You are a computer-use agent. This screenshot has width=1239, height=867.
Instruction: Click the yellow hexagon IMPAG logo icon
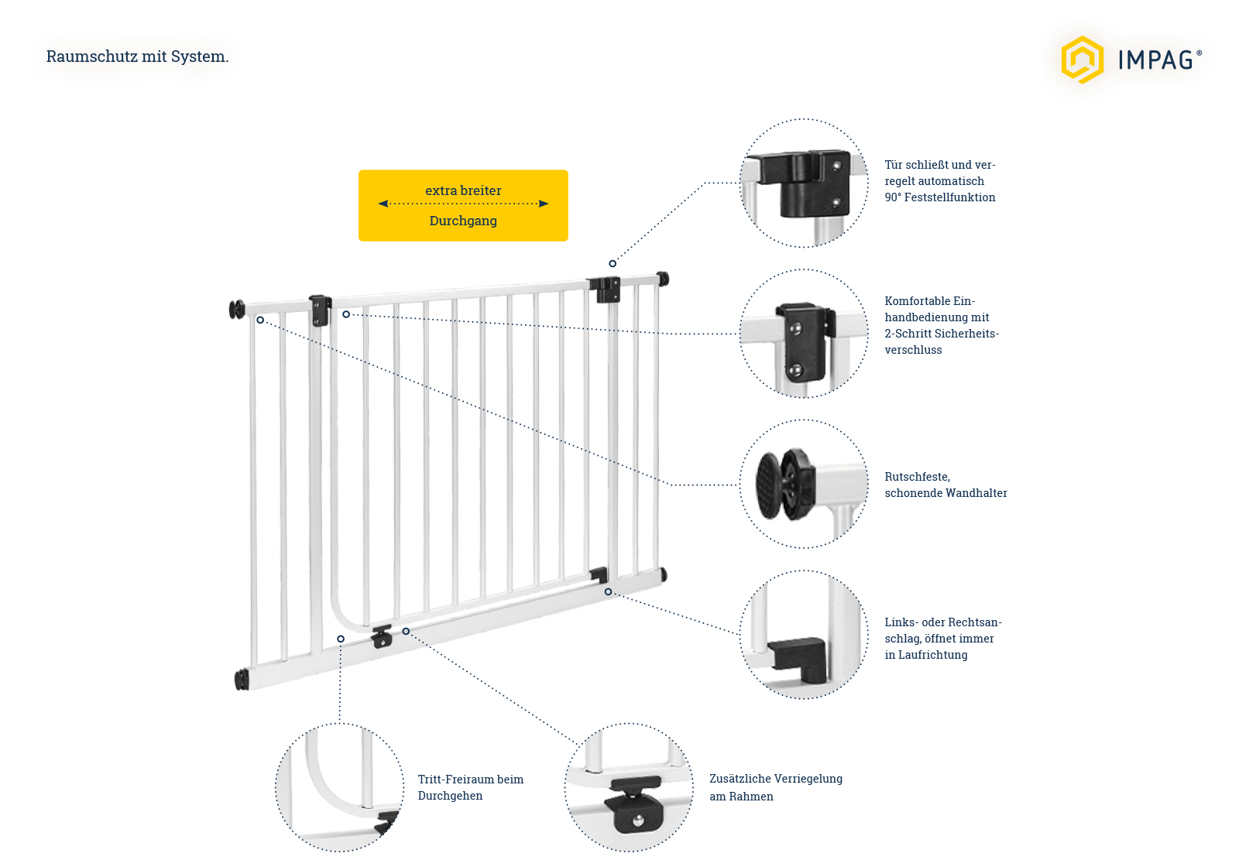tap(1082, 60)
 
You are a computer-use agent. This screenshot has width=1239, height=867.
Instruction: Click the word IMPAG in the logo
tap(1155, 60)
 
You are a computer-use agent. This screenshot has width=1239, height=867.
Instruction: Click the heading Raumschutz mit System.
tap(137, 57)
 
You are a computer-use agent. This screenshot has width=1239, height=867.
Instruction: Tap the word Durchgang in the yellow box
tap(463, 221)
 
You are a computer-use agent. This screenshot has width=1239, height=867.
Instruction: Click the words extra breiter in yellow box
tap(463, 190)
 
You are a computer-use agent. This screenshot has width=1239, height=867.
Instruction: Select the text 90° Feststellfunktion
tap(939, 197)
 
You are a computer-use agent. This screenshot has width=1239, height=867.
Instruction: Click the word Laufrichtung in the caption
tap(925, 655)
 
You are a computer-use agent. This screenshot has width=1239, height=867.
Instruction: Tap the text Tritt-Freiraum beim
tap(470, 780)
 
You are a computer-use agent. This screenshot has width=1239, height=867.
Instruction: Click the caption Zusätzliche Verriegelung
tap(775, 779)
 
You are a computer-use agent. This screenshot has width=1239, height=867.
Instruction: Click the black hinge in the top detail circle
tap(813, 183)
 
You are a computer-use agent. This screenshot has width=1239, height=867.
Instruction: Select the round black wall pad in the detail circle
tap(771, 485)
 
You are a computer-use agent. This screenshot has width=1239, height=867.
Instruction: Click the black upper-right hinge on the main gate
tap(605, 290)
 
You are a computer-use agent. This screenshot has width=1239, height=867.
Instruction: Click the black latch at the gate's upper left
tap(319, 310)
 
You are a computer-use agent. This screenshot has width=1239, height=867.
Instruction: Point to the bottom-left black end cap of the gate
tap(242, 680)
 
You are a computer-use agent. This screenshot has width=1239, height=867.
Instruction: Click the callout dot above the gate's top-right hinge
tap(613, 264)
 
